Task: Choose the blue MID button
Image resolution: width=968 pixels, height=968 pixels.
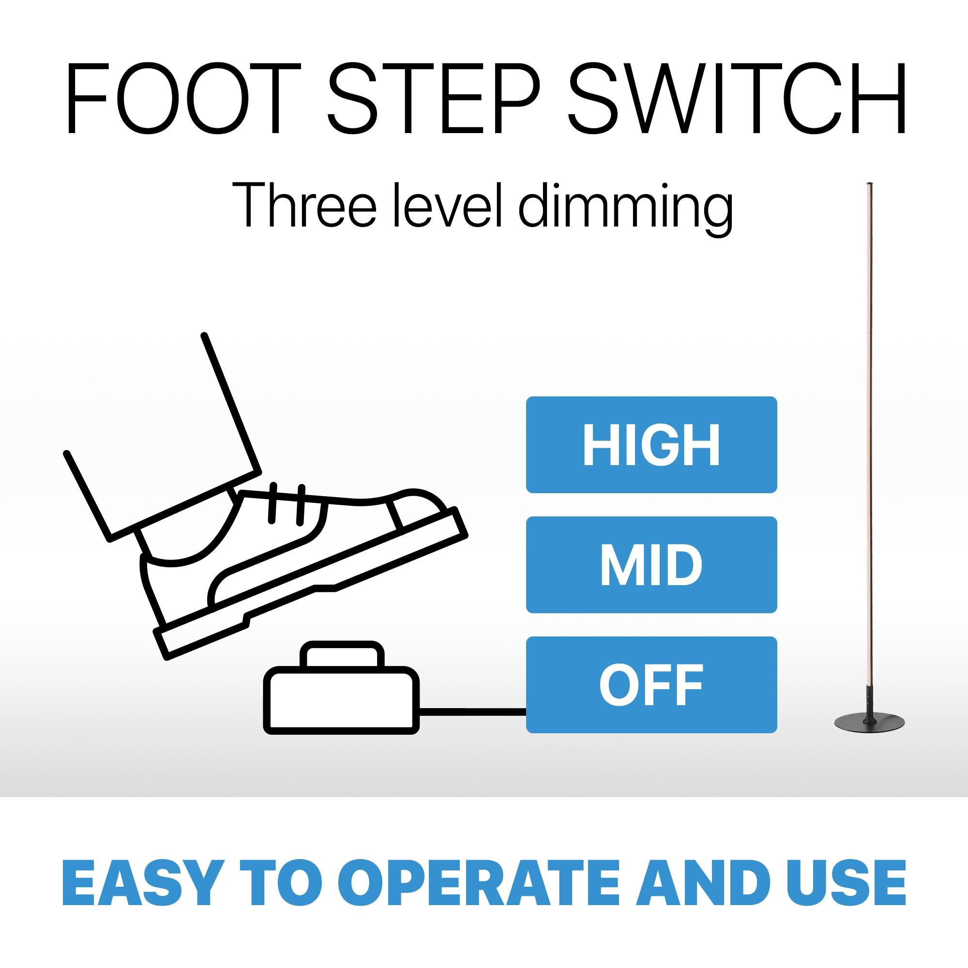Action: pos(651,565)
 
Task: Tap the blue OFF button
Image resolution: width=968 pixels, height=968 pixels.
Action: pos(651,684)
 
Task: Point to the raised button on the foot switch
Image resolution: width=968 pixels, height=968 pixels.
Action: pos(343,655)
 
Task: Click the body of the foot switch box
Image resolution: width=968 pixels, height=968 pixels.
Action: pos(342,700)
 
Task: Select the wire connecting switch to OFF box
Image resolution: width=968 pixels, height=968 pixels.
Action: pos(472,710)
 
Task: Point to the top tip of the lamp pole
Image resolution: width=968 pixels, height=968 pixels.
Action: pos(870,183)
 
